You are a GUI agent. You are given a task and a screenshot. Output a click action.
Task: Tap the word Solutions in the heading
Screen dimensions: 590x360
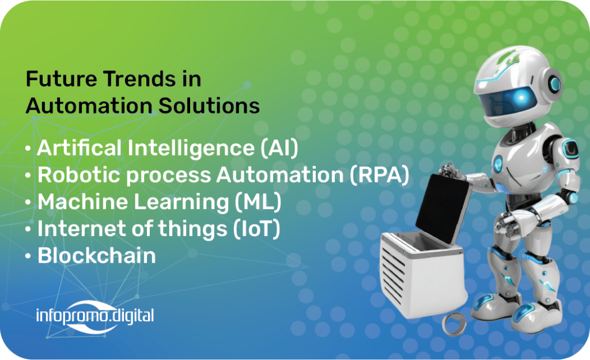[209, 106]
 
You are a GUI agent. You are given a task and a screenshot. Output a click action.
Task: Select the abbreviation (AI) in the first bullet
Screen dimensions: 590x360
[279, 148]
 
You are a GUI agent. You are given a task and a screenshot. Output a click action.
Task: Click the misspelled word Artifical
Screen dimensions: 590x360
[79, 147]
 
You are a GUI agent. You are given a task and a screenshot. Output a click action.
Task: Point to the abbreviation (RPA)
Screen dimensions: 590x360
[379, 175]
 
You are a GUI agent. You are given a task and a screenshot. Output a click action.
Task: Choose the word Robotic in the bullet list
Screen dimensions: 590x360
[79, 175]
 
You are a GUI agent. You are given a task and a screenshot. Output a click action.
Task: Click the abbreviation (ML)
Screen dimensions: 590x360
[258, 202]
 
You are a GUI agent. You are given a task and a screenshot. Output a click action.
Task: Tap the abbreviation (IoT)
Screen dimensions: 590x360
[256, 229]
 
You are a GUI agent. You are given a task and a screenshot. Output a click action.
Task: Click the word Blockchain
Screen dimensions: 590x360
[97, 256]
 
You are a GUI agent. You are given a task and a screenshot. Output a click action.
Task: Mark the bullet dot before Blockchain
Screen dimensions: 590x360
[28, 257]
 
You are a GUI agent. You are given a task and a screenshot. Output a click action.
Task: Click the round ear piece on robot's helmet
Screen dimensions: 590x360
[554, 84]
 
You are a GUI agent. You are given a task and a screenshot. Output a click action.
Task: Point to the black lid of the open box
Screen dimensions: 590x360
[443, 208]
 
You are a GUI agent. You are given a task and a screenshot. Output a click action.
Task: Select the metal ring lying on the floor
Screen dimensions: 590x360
[454, 324]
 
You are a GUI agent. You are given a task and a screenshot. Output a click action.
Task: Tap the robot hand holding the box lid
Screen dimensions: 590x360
[451, 172]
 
